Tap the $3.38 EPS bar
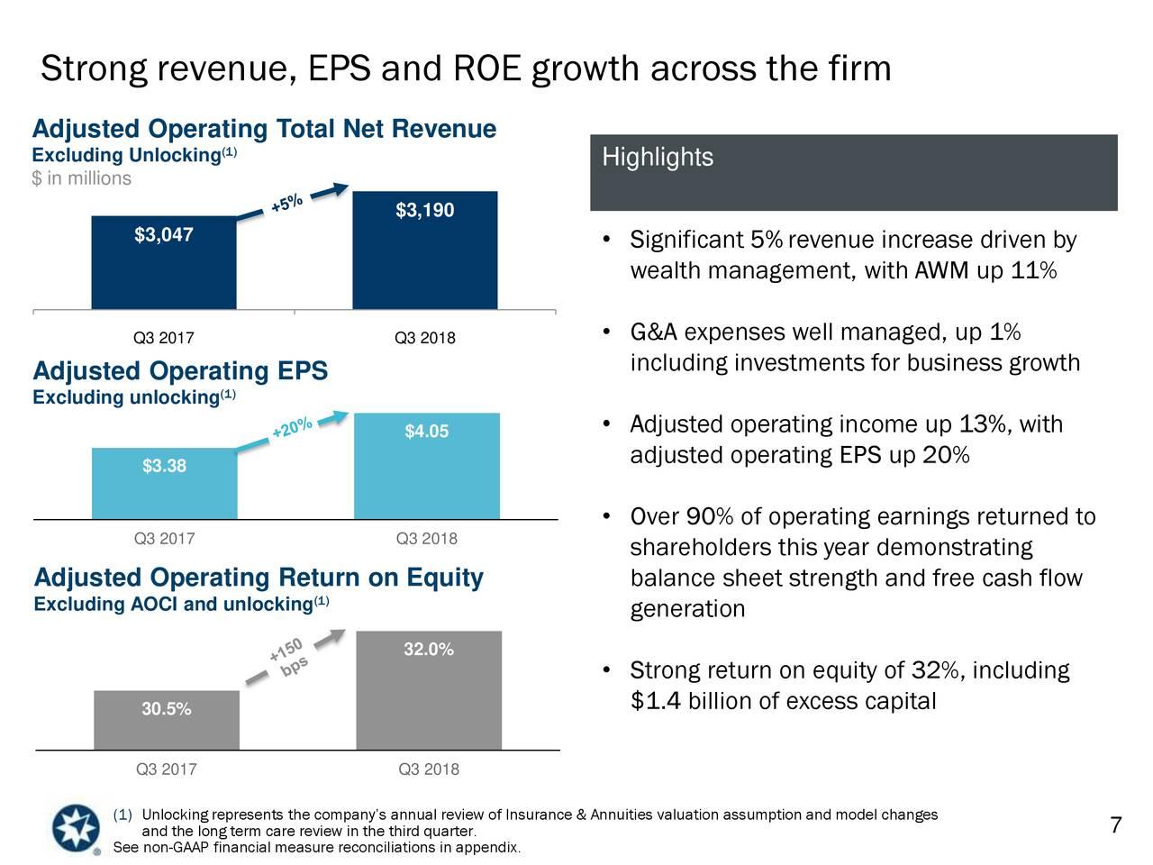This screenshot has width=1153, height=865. (164, 484)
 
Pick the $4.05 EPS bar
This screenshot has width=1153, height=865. (426, 466)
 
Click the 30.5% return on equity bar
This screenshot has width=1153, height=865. (166, 720)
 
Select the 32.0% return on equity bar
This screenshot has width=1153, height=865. (428, 690)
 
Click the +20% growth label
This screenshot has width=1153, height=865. (292, 429)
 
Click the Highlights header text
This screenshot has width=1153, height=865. (658, 159)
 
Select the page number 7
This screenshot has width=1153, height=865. (1115, 826)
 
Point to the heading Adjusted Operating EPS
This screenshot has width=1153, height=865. (180, 372)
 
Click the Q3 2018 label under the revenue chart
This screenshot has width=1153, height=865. (424, 339)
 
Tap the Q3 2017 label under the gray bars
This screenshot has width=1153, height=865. (166, 769)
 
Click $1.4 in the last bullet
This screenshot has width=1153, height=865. (655, 701)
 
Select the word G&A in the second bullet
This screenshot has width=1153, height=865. (653, 334)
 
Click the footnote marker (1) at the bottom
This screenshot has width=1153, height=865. (123, 815)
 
